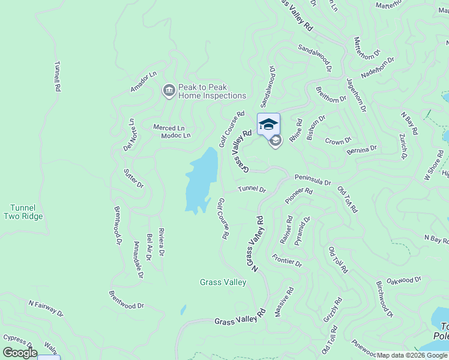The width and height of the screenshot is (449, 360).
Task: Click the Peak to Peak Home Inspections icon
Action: [x=169, y=91]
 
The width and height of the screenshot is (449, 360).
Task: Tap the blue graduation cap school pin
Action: [x=268, y=124]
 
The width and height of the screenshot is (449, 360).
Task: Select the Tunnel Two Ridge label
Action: [x=23, y=212]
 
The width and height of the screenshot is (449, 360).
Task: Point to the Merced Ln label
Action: [x=169, y=128]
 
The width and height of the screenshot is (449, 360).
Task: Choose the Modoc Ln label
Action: [x=159, y=136]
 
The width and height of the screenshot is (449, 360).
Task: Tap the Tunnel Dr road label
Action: [x=252, y=189]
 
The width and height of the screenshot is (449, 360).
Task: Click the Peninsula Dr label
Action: [x=312, y=181]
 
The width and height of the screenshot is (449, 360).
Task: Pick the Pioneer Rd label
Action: [x=299, y=194]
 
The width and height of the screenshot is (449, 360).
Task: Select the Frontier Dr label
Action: [x=287, y=260]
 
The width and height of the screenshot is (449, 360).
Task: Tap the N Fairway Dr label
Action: [x=46, y=308]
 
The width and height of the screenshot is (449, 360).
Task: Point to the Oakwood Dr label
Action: [x=405, y=280]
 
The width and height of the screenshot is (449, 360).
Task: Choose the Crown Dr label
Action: [x=338, y=142]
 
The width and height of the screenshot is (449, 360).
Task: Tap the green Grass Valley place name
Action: [x=223, y=282]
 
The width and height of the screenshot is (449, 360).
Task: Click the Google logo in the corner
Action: [x=20, y=353]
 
